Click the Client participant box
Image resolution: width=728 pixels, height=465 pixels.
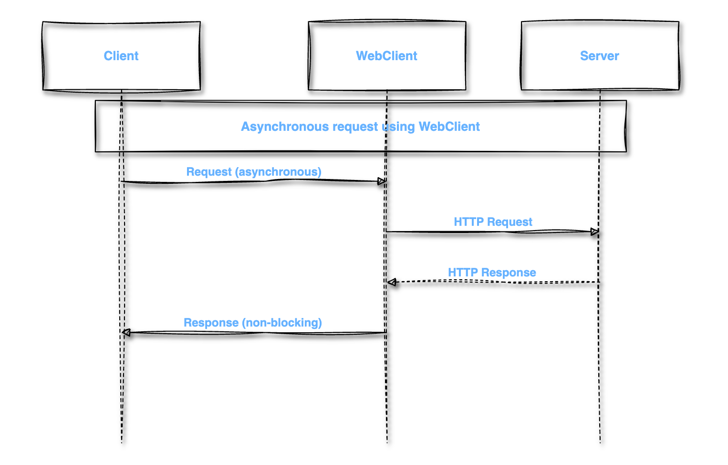pyautogui.click(x=121, y=72)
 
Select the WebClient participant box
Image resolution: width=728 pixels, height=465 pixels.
pyautogui.click(x=387, y=72)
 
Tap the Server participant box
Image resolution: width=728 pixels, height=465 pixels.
pyautogui.click(x=600, y=72)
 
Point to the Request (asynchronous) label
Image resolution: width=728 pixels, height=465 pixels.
pyautogui.click(x=253, y=172)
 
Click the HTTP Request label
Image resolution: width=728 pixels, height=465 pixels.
pyautogui.click(x=493, y=222)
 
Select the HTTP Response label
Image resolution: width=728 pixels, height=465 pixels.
pyautogui.click(x=492, y=273)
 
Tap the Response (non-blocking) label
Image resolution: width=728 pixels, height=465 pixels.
pyautogui.click(x=252, y=323)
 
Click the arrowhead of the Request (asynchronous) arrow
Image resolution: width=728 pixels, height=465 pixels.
pyautogui.click(x=382, y=181)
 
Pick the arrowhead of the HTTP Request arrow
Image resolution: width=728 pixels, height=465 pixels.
pyautogui.click(x=594, y=232)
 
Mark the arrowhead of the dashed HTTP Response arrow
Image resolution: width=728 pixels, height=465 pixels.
pyautogui.click(x=392, y=283)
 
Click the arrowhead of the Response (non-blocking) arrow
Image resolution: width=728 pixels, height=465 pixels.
pyautogui.click(x=126, y=332)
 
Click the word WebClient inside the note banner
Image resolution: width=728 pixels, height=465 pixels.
pyautogui.click(x=449, y=127)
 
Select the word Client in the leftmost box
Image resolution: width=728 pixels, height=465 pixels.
pyautogui.click(x=121, y=56)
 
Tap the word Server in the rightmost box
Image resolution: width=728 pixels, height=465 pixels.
pyautogui.click(x=600, y=56)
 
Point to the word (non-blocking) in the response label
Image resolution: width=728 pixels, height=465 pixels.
pyautogui.click(x=282, y=323)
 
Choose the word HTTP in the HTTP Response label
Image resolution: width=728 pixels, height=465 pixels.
pyautogui.click(x=463, y=273)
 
